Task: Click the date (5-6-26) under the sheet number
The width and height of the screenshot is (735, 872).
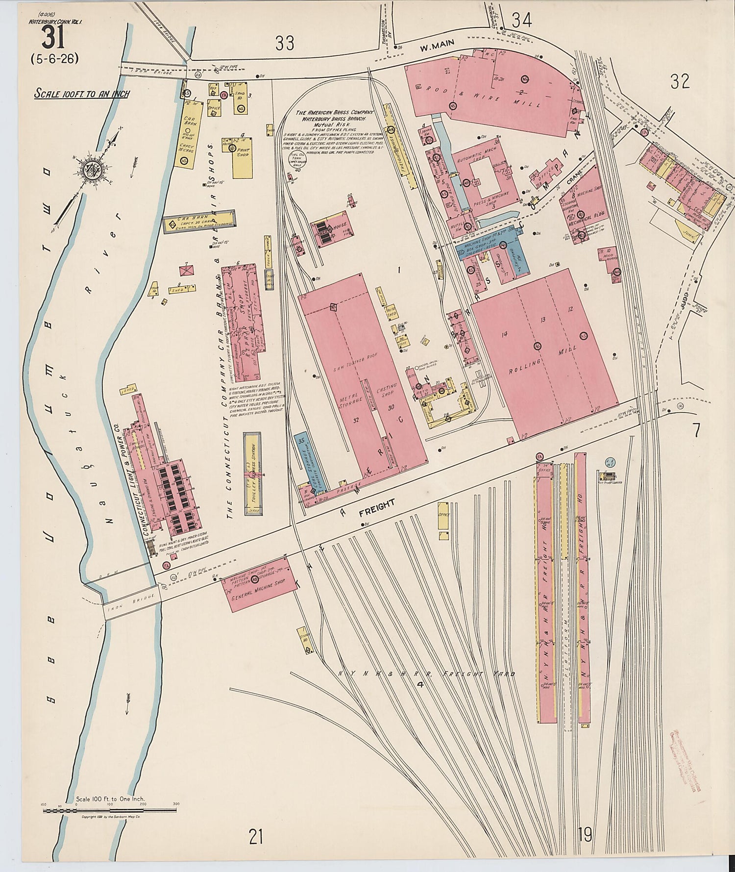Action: tap(54, 59)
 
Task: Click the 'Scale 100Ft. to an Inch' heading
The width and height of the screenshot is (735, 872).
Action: tap(82, 93)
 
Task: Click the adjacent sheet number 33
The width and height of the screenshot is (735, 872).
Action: tap(285, 43)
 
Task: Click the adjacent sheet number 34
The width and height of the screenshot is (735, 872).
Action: tap(521, 21)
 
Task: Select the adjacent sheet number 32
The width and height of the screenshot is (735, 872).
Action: tap(680, 81)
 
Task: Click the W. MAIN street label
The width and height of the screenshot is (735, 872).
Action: tap(437, 46)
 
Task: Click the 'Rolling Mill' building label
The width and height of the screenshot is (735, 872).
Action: tap(549, 355)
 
